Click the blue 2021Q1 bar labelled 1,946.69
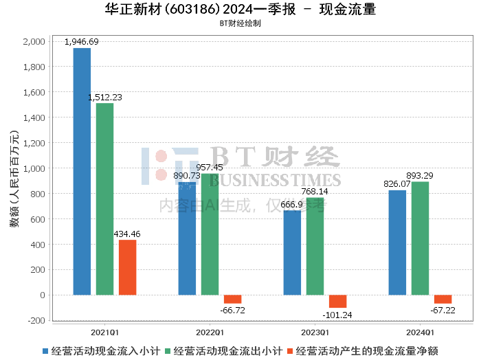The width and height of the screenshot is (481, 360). [82, 172]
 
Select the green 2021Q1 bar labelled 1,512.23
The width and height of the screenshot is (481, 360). [104, 199]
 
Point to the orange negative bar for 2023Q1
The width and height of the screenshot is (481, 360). [337, 302]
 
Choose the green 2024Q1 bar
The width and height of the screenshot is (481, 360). [420, 238]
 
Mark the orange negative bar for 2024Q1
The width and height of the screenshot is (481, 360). [443, 300]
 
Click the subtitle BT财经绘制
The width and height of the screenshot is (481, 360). [240, 23]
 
